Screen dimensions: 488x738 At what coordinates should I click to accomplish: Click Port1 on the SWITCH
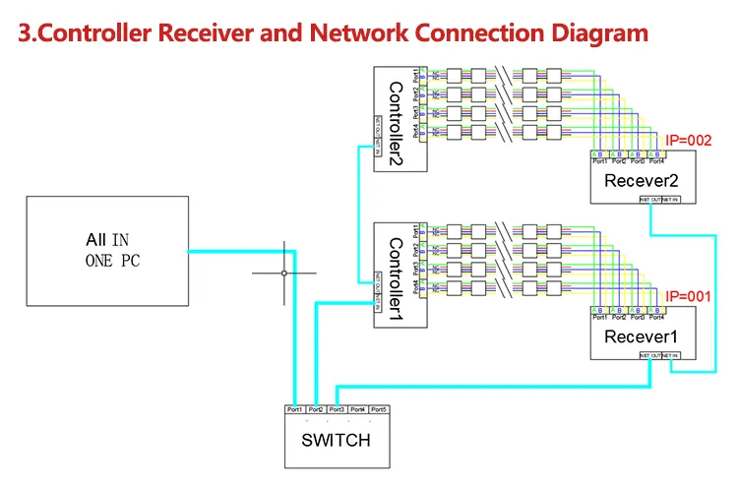(294, 409)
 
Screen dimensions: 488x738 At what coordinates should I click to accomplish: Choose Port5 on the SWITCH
(379, 409)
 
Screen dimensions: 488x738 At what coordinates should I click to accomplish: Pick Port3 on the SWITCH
(337, 409)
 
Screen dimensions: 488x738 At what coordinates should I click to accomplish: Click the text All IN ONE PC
(107, 250)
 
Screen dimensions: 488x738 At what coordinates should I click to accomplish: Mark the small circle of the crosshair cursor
(284, 273)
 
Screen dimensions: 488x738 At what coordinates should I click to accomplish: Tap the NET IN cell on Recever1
(671, 354)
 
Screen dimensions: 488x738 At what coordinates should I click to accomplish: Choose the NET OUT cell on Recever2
(650, 199)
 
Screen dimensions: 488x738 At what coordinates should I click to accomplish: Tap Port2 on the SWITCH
(316, 409)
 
